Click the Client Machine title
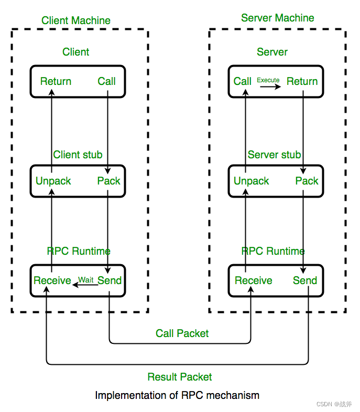click(76, 20)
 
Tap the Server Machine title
click(278, 18)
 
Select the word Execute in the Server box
click(268, 80)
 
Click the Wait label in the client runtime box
click(86, 279)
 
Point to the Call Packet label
click(182, 333)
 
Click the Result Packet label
click(180, 377)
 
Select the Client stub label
click(78, 155)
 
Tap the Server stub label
click(274, 155)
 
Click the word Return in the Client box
click(56, 81)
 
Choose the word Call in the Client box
click(106, 81)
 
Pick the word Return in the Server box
click(302, 81)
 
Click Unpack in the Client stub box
click(53, 181)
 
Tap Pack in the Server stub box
click(307, 181)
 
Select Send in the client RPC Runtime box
click(110, 280)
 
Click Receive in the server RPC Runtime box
click(254, 280)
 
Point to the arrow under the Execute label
click(270, 86)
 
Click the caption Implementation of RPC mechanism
click(177, 395)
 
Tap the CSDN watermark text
click(334, 404)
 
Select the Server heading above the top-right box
click(272, 52)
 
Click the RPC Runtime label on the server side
click(273, 251)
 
